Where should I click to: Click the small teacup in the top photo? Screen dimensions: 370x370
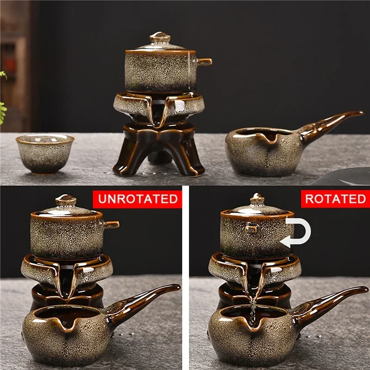click(x=45, y=154)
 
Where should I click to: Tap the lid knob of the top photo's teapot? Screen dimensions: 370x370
click(x=160, y=37)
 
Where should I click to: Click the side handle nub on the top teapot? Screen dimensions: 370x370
click(x=204, y=62)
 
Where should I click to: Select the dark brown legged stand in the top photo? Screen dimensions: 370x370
click(x=159, y=148)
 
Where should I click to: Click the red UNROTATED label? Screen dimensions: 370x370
click(x=137, y=199)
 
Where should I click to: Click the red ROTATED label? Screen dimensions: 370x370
click(x=335, y=199)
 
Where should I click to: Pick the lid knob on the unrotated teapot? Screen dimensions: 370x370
click(x=66, y=200)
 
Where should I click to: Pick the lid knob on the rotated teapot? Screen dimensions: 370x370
click(x=257, y=199)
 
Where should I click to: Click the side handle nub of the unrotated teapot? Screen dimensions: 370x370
click(x=111, y=224)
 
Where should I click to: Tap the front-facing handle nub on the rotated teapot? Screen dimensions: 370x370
click(x=252, y=228)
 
